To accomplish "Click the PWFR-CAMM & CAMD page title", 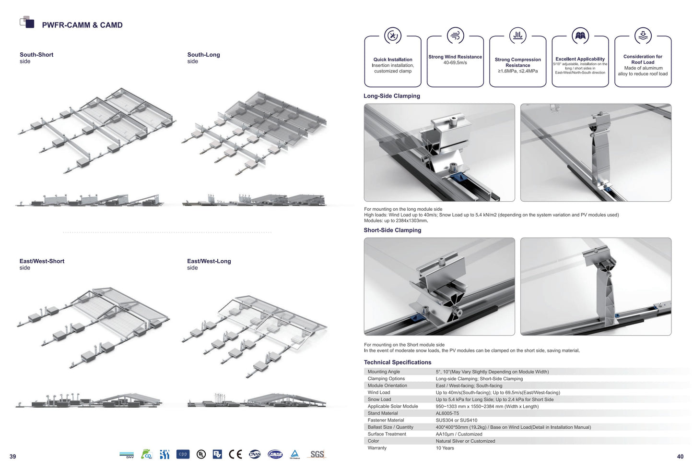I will click(82, 25).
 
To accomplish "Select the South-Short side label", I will click(36, 58).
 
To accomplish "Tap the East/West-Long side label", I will click(209, 264).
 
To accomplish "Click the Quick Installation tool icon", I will click(393, 36).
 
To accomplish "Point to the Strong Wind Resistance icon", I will click(455, 36).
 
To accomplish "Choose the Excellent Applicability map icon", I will click(580, 36).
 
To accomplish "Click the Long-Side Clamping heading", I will click(391, 96).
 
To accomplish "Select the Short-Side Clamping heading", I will click(392, 230).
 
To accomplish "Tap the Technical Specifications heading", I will click(397, 362).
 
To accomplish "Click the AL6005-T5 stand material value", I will click(447, 413).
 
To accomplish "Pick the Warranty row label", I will click(377, 448).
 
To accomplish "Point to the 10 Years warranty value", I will click(445, 448).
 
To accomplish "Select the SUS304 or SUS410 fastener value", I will click(456, 420).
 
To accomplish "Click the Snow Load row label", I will click(379, 399).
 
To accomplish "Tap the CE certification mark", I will click(235, 454).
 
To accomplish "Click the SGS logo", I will click(317, 454).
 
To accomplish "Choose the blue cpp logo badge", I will click(183, 454).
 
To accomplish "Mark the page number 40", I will click(680, 457).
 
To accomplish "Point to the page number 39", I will click(13, 457).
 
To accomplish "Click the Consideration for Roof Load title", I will click(643, 60).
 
